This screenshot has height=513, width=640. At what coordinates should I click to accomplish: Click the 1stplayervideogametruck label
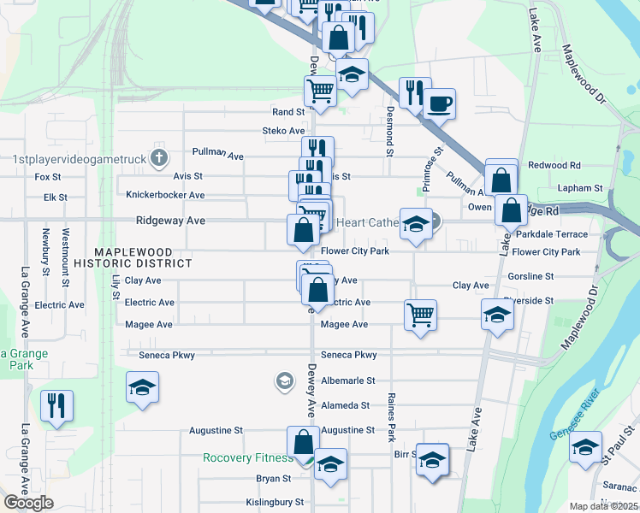78,159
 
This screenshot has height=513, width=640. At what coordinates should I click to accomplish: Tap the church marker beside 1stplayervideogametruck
158,158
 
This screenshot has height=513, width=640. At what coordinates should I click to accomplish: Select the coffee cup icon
439,104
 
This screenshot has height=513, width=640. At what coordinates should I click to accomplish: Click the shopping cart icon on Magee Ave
420,315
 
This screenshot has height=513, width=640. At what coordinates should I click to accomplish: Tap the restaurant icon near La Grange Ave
56,406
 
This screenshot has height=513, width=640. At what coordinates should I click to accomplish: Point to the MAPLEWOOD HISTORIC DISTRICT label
133,259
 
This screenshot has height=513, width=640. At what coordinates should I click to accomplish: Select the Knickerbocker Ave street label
165,195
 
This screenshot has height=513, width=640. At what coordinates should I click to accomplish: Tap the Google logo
28,503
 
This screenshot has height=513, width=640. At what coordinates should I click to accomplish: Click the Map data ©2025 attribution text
602,506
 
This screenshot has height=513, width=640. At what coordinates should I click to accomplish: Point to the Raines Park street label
392,416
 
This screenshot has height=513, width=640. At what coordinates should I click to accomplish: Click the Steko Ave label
283,131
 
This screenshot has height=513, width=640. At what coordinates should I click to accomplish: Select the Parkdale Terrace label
552,234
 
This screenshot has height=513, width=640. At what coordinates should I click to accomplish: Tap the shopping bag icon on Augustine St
303,442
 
